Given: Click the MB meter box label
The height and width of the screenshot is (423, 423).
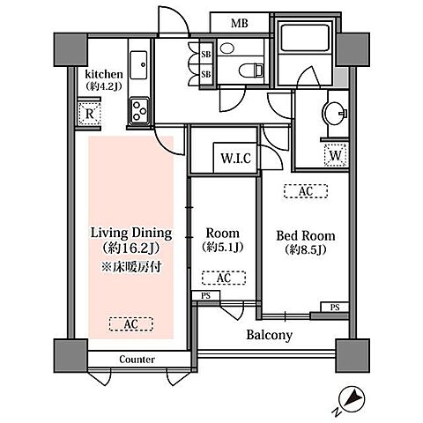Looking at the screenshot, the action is click(239, 23).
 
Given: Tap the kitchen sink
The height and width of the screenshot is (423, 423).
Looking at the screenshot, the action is click(138, 65).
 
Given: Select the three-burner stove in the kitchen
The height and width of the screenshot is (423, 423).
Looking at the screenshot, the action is click(139, 110).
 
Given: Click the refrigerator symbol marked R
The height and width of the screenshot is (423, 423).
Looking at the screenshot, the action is click(90, 114).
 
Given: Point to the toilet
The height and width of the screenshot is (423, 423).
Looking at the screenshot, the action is click(250, 70).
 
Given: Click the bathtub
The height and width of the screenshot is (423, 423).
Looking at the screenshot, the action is click(304, 38).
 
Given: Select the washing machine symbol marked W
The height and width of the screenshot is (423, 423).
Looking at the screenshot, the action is click(336, 155).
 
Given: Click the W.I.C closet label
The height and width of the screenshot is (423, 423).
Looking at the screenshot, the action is click(236, 159).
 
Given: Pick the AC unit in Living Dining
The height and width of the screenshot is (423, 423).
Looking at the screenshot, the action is click(131, 324).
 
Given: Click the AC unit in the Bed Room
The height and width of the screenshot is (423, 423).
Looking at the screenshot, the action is click(306, 191).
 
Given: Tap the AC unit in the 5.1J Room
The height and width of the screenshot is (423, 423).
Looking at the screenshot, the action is click(224, 278).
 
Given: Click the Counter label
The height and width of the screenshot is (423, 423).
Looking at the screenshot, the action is click(137, 360).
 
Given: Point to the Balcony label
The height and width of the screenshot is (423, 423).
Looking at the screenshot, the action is click(270, 335).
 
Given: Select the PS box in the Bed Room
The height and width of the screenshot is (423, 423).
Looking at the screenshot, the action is click(335, 308).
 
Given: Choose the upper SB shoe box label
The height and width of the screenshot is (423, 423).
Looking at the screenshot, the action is click(206, 55).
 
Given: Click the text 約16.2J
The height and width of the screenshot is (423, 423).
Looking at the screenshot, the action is click(131, 249).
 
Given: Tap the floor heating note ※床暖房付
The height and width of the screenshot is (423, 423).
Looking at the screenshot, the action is click(131, 267).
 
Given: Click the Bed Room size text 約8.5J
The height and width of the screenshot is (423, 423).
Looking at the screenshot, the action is click(306, 250).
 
